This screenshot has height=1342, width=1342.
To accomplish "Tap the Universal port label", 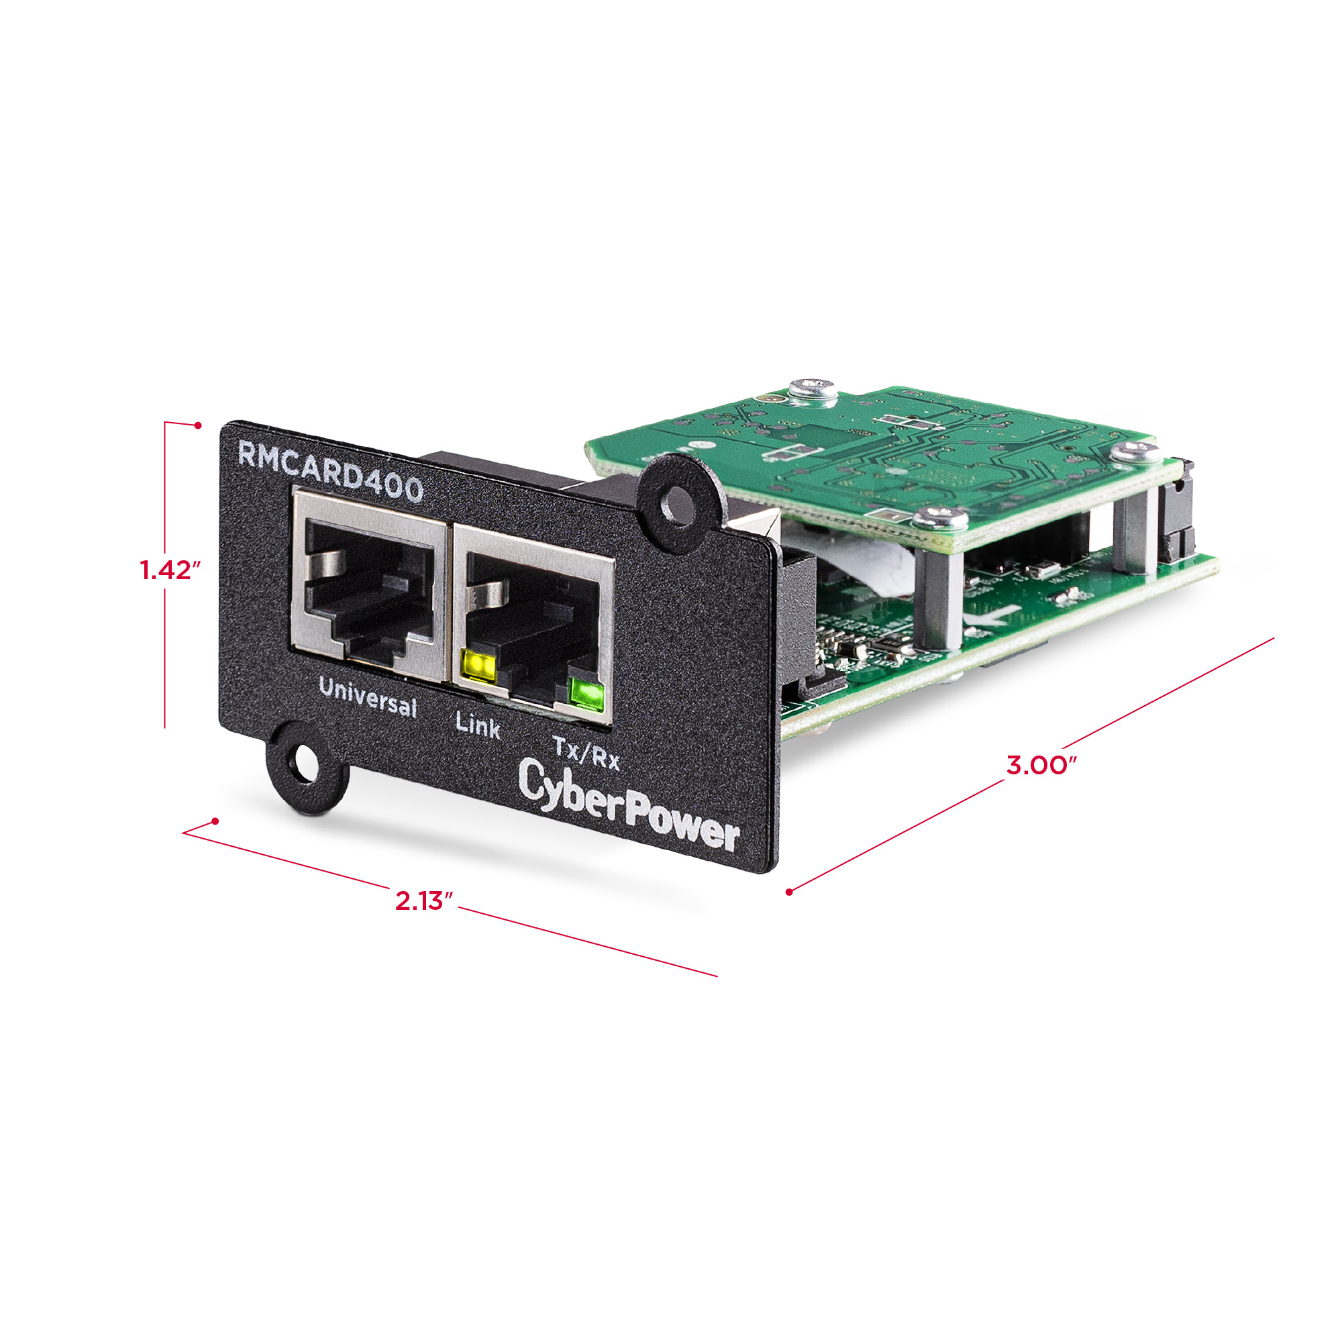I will (368, 696).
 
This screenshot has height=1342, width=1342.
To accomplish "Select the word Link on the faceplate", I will (478, 725).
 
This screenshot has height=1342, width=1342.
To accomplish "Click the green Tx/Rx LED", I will (586, 694).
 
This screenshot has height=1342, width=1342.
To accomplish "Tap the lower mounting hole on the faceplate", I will (303, 765).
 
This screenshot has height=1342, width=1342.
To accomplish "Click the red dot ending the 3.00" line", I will (790, 892).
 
